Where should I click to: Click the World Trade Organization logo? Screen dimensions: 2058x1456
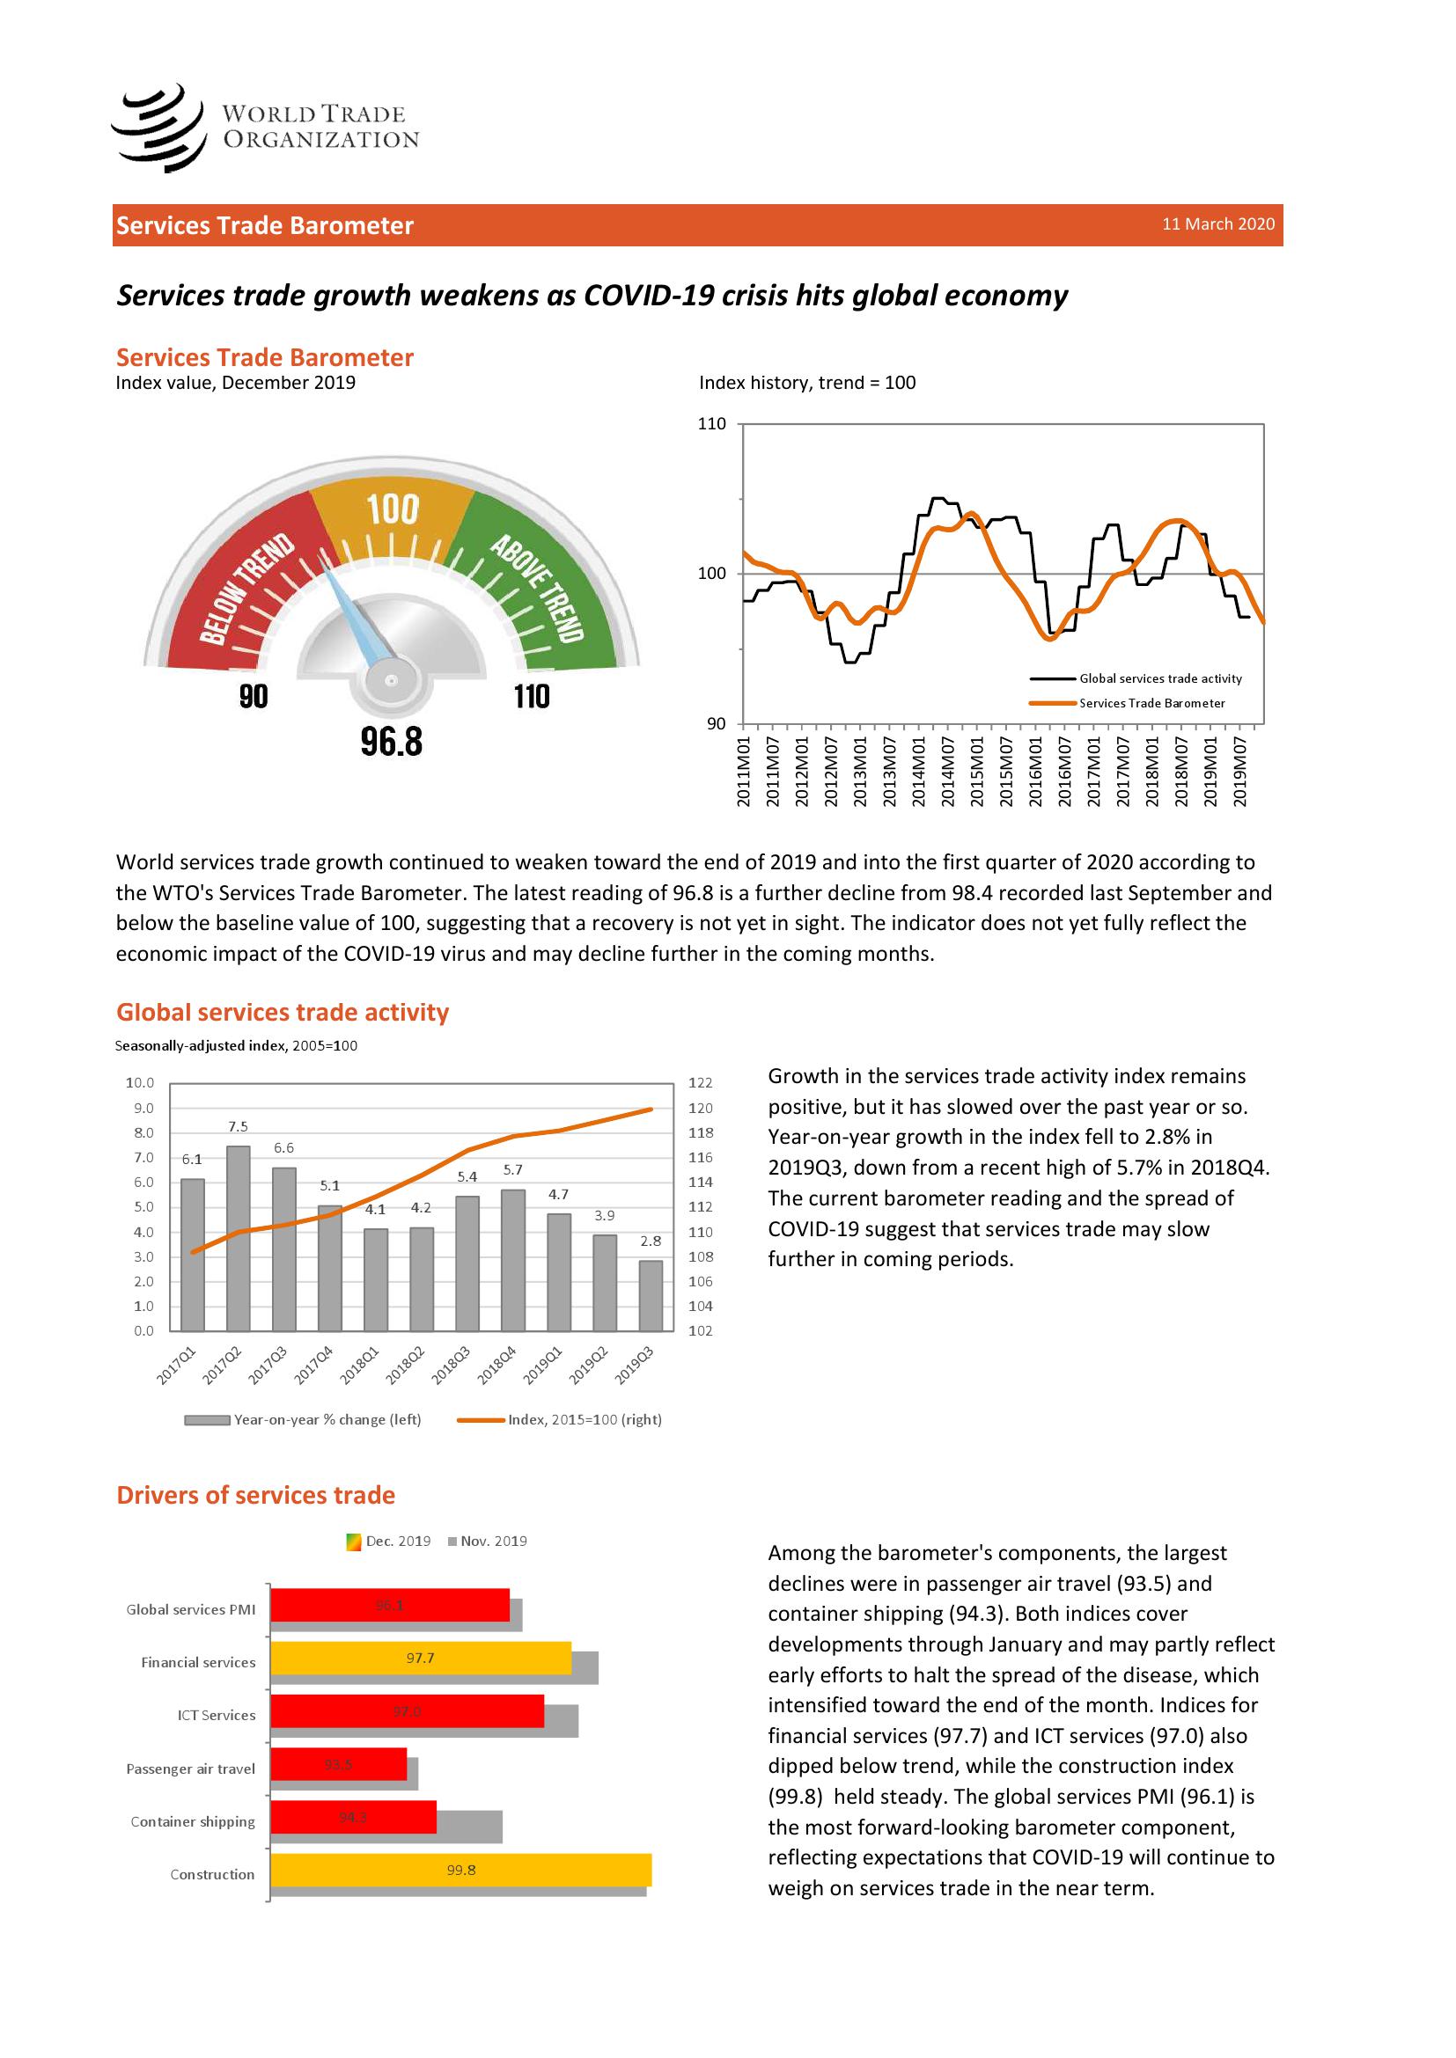[265, 128]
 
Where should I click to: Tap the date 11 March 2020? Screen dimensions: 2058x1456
[1217, 224]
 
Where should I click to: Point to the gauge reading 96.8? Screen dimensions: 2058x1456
[391, 741]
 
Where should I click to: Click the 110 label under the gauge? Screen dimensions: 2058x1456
[532, 697]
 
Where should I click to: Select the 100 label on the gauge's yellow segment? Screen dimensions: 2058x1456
[393, 509]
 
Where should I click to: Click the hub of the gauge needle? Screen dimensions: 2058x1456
[391, 681]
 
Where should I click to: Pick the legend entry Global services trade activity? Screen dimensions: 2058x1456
[1160, 678]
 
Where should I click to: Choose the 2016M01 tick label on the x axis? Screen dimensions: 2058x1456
[1035, 772]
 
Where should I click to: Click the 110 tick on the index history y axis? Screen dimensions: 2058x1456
[712, 424]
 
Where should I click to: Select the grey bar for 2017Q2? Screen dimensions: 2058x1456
[239, 1238]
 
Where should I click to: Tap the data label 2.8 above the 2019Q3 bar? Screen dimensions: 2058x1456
[651, 1241]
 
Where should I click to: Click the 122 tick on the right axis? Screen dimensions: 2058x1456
[700, 1083]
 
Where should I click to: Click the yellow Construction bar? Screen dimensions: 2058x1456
[460, 1870]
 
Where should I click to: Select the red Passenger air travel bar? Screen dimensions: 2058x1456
[339, 1764]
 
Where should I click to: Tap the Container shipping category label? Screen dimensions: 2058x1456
[193, 1821]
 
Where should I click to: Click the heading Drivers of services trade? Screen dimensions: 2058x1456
[255, 1494]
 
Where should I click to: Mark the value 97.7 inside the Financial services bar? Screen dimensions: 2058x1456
[421, 1659]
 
